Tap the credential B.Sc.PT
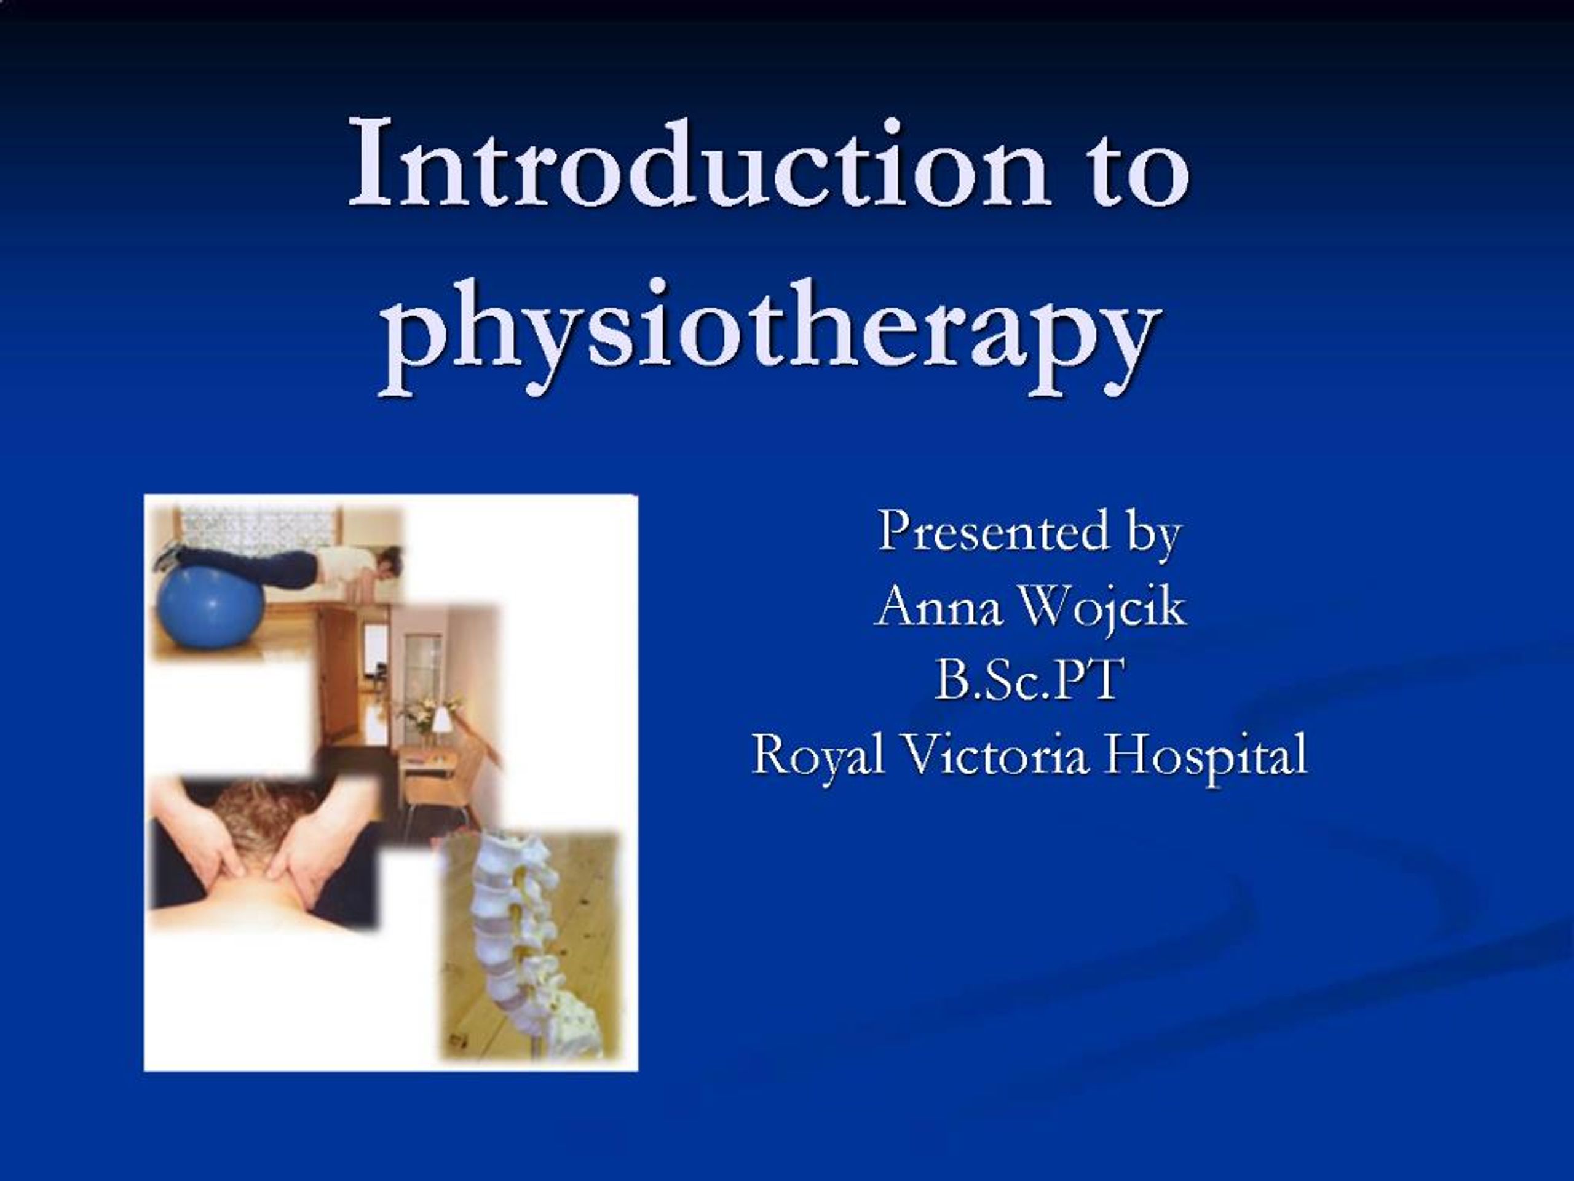[x=1030, y=680]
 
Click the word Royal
[x=818, y=755]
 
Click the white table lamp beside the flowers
[x=442, y=719]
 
